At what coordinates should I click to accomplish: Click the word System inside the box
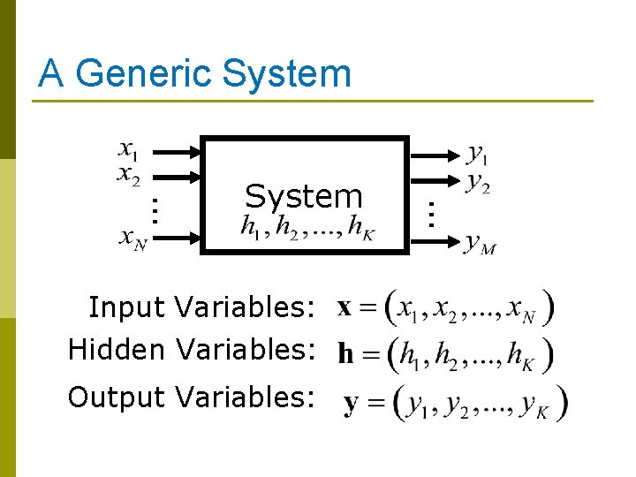coord(304,196)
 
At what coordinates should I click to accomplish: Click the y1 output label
coord(477,156)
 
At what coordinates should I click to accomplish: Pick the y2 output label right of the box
coord(478,184)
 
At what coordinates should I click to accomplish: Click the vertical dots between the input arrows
coord(153,209)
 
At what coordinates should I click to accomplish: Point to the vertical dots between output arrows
coord(430,214)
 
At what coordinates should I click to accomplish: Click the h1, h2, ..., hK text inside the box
coord(307,228)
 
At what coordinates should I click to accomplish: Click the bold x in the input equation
coord(345,308)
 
